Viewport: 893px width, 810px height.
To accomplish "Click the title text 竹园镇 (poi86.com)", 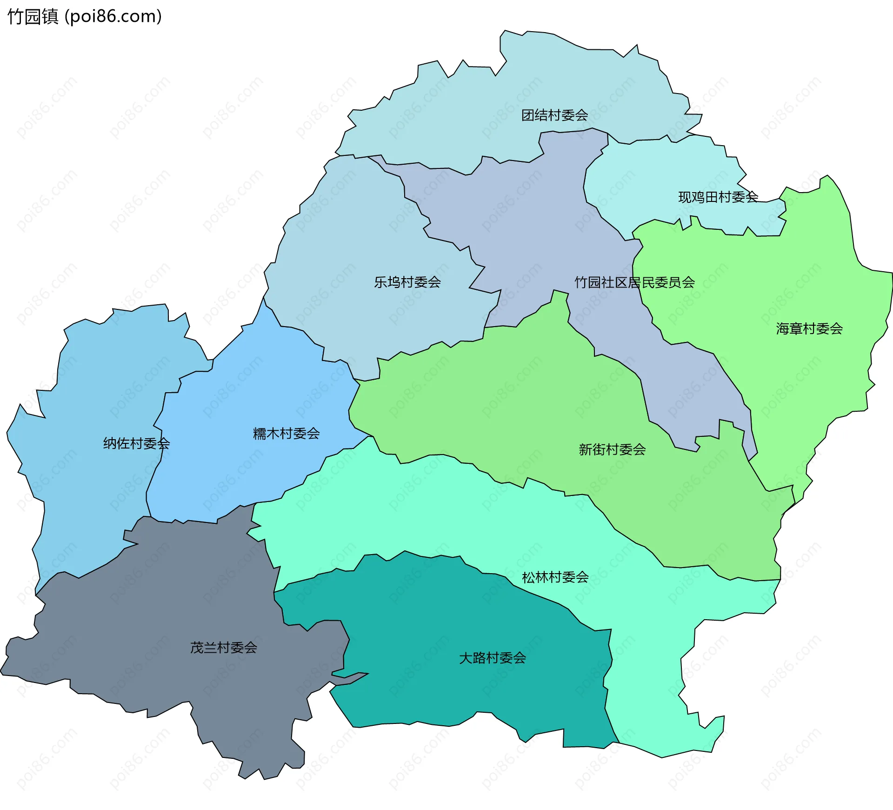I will point(85,16).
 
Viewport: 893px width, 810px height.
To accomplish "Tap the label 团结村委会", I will point(554,115).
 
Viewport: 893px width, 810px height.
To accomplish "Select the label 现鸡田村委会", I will point(718,197).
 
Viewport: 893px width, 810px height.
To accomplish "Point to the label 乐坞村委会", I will point(407,282).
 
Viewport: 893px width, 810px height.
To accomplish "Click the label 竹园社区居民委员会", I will point(634,282).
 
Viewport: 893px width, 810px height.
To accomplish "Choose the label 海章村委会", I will point(809,329).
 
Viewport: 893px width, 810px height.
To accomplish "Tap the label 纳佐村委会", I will point(136,443).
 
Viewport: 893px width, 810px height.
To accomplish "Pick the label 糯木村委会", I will point(286,434).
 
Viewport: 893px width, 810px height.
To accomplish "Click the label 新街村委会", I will point(612,449).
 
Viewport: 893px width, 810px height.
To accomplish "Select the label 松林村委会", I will point(555,577).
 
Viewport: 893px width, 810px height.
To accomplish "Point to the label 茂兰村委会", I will point(223,648).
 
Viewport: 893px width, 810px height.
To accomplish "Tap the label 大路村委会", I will point(493,658).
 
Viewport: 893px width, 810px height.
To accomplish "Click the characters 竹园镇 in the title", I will point(33,16).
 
